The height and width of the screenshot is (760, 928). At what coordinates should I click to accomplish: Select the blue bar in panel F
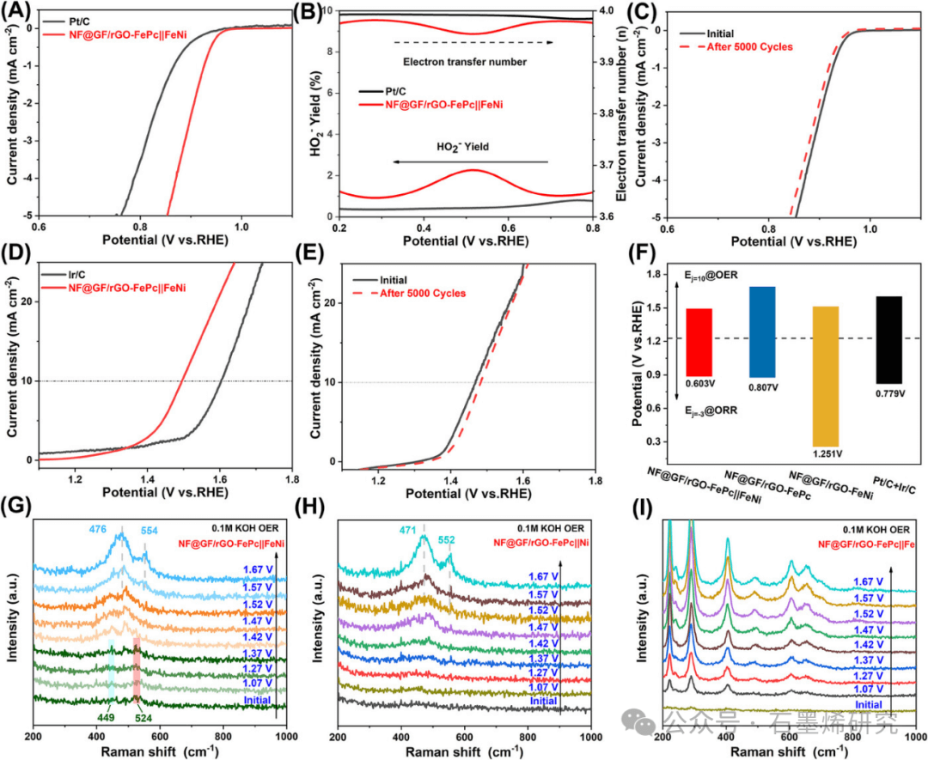pyautogui.click(x=762, y=331)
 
